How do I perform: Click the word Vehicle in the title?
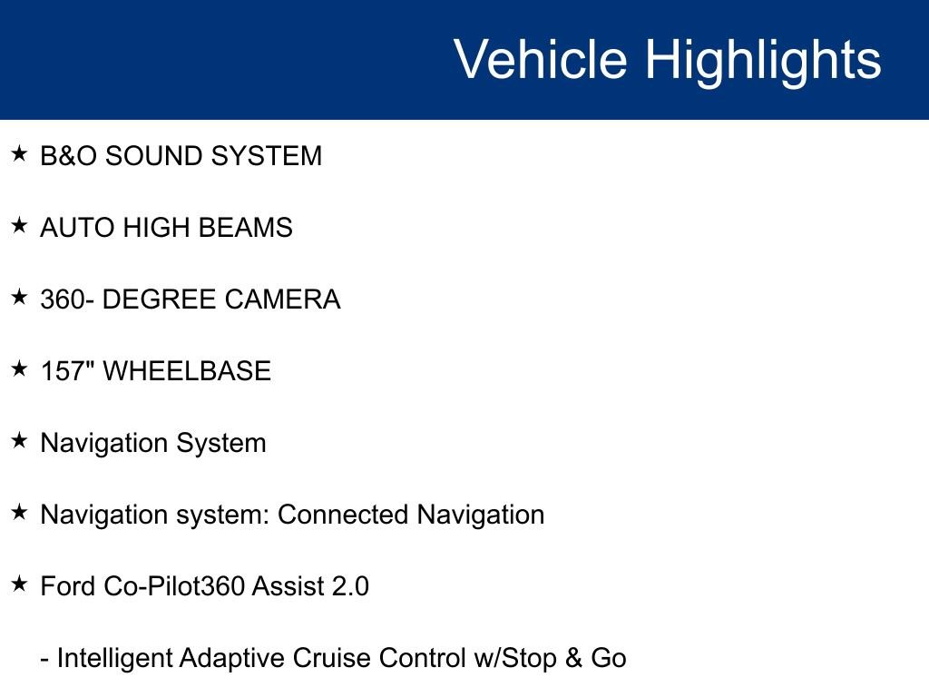coord(539,60)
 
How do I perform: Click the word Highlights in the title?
coord(763,60)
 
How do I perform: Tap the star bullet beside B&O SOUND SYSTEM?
coord(19,154)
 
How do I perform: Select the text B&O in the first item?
coord(69,156)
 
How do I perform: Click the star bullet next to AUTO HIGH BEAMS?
coord(19,226)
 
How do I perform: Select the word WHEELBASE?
coord(187,371)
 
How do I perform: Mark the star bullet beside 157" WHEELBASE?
coord(19,369)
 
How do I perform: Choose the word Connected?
coord(343,515)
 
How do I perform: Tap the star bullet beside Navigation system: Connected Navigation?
coord(19,513)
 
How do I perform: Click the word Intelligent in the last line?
coord(114,658)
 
